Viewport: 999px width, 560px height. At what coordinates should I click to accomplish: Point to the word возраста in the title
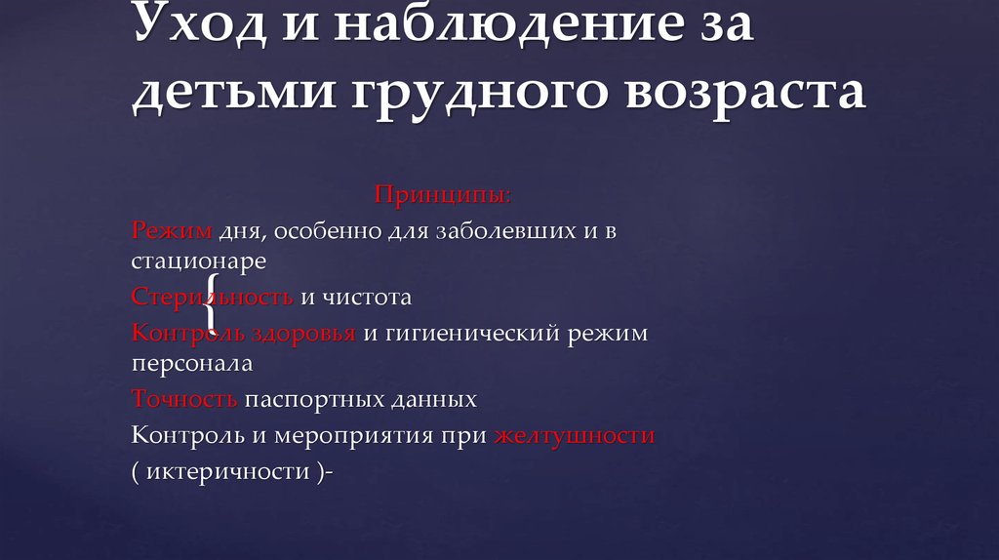coord(741,93)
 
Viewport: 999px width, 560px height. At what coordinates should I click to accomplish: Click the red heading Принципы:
coord(443,195)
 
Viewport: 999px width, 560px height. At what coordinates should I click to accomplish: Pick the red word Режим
coord(172,231)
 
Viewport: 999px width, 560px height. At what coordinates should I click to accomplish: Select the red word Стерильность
coord(213,296)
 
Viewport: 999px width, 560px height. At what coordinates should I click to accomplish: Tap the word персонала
coord(192,365)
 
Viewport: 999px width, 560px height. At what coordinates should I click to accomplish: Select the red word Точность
coord(184,399)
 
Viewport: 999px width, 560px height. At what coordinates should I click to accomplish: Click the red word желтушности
coord(574,435)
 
